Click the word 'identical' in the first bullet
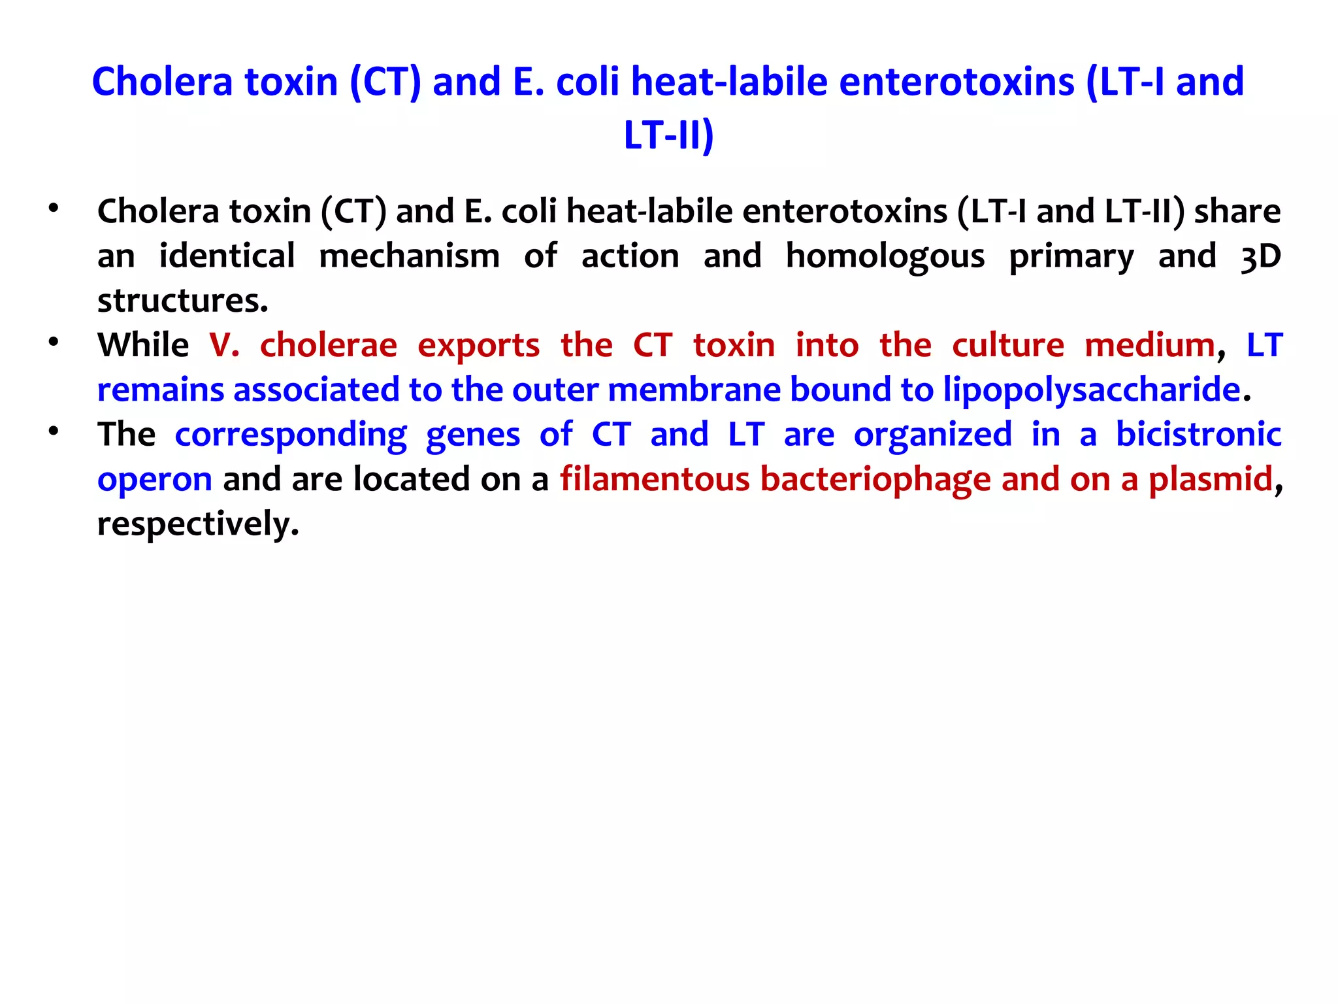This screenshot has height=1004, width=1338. (x=227, y=256)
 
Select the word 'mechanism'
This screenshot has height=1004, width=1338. (x=409, y=256)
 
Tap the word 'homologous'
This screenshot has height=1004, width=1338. (x=885, y=257)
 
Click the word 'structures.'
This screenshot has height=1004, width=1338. (x=182, y=301)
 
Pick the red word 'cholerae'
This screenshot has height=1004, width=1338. (x=328, y=345)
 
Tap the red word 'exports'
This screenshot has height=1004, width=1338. (x=478, y=346)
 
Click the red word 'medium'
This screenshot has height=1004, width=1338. (x=1149, y=345)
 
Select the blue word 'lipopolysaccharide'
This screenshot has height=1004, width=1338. (x=1091, y=390)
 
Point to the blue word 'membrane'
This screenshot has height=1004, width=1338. (x=694, y=390)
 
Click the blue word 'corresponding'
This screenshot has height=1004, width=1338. (x=291, y=435)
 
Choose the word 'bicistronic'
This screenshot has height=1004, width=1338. (x=1198, y=434)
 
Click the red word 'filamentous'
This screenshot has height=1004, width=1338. (x=655, y=479)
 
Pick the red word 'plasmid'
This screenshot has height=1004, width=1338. (x=1211, y=479)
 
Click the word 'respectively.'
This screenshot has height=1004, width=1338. (x=198, y=524)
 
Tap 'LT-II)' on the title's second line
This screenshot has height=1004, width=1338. (x=668, y=135)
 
